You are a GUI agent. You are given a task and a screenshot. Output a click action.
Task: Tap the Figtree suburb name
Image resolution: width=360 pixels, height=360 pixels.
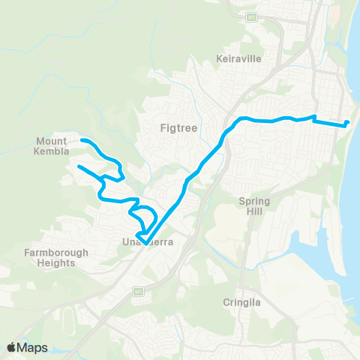pos(178,127)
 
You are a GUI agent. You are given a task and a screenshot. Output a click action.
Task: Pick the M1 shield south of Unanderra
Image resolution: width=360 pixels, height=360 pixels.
pos(137,290)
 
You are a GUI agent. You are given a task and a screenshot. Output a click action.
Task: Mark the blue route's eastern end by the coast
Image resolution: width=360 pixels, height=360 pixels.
pos(349,122)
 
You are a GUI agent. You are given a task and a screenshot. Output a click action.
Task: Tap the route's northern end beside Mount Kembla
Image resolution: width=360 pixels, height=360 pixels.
pos(82,140)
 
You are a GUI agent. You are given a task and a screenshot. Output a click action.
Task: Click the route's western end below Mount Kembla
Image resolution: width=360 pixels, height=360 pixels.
pos(78,166)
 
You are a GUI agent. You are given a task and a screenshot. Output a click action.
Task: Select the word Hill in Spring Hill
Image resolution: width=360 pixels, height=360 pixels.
pos(253,212)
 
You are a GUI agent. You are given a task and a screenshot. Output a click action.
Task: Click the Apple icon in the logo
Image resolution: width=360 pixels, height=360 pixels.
pos(11,347)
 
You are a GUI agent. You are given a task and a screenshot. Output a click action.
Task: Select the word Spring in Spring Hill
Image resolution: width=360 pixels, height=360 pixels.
pos(253,201)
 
